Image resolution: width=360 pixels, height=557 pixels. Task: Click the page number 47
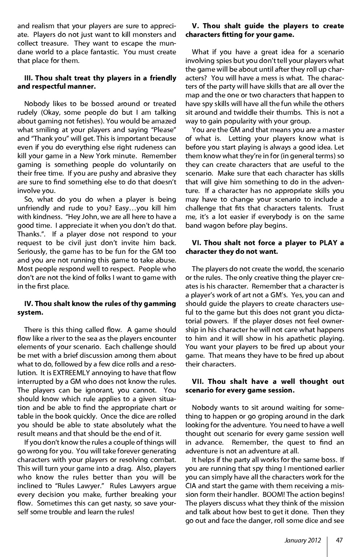(x=339, y=540)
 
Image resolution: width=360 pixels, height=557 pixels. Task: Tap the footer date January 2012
(x=302, y=540)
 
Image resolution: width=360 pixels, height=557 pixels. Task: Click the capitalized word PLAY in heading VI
(x=328, y=243)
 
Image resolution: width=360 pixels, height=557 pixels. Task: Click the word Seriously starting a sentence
(x=32, y=251)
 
